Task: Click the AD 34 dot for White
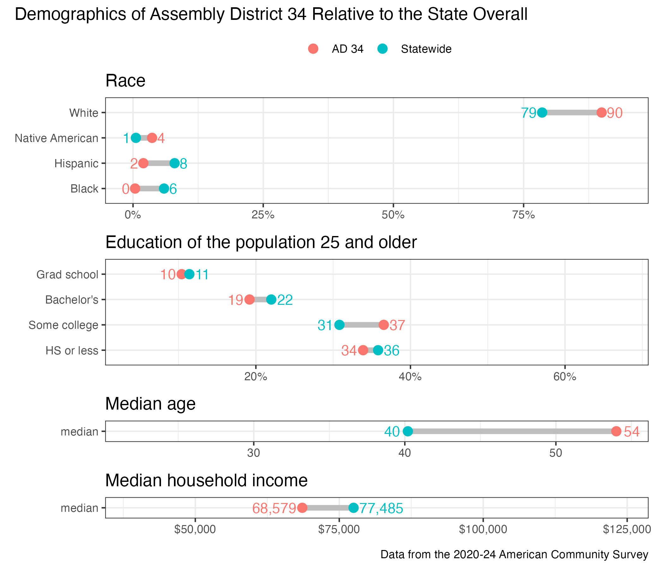point(601,113)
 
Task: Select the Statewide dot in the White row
point(542,113)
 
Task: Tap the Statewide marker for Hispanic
point(174,163)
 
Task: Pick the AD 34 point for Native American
point(152,138)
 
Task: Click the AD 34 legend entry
point(336,49)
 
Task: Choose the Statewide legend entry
point(416,49)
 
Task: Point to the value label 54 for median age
point(632,432)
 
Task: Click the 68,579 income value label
point(274,508)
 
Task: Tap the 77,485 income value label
point(381,508)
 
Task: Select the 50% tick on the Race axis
point(393,215)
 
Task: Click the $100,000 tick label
point(483,529)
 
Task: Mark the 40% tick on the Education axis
point(410,377)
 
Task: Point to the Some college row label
point(63,325)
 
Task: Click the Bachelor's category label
point(72,300)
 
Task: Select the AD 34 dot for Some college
point(384,325)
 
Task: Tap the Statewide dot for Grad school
point(189,274)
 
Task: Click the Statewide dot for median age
point(408,431)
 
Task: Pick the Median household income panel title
point(206,480)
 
